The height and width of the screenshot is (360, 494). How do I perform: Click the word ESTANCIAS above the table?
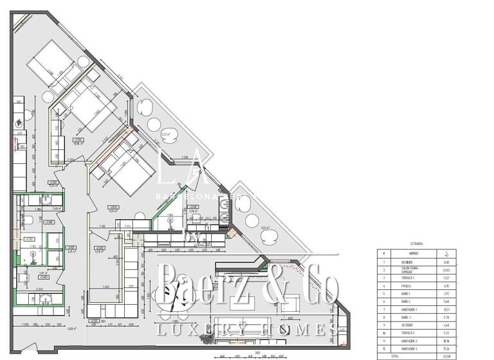tap(417, 244)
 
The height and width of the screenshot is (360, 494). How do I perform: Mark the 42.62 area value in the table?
tap(446, 271)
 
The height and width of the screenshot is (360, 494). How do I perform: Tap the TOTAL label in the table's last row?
tap(386, 355)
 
